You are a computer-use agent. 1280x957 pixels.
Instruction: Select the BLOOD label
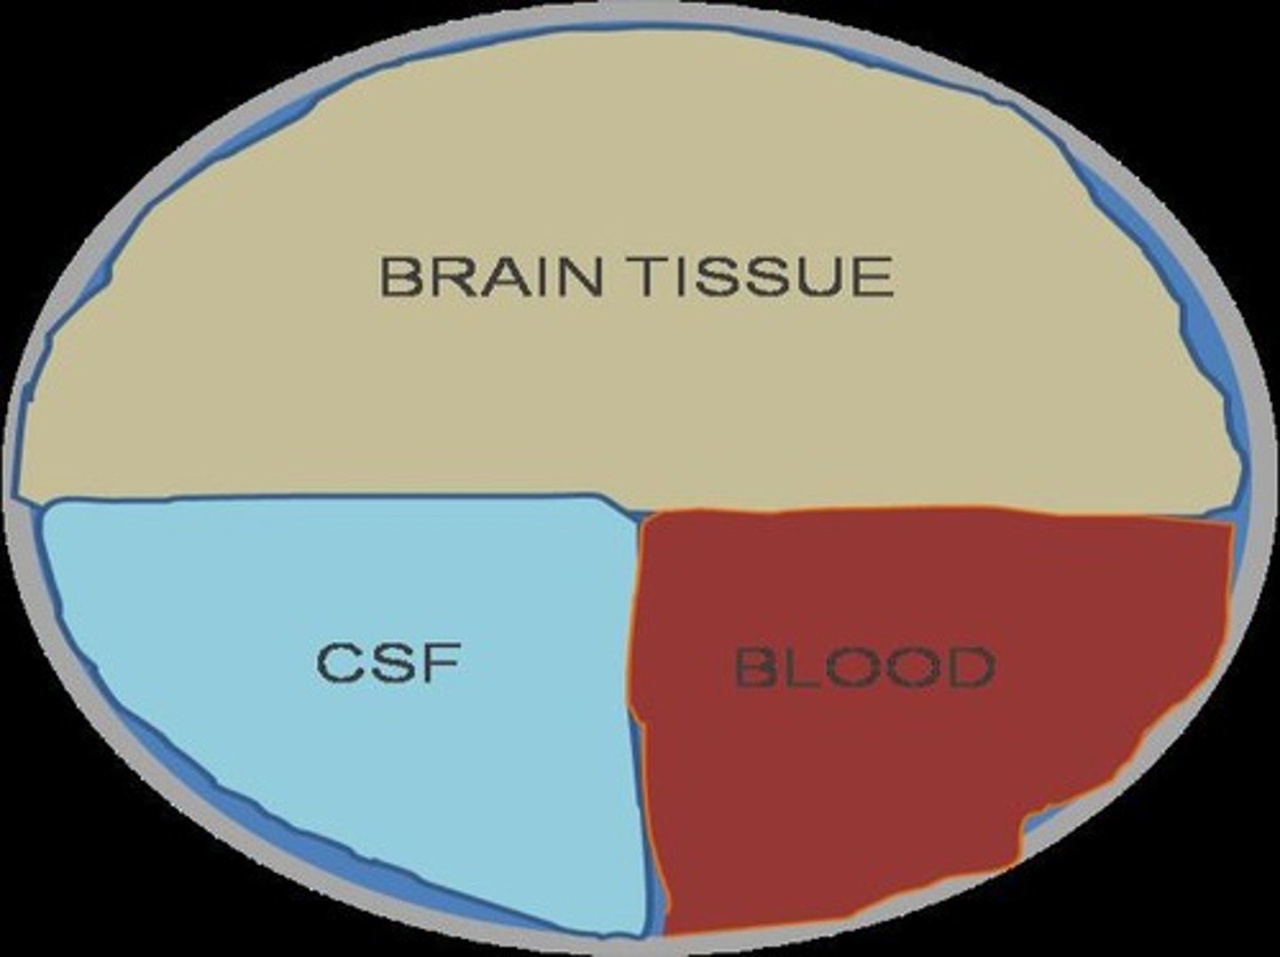tap(864, 668)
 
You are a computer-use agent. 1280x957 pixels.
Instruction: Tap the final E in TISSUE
tap(872, 276)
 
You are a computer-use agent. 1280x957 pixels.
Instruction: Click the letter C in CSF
tap(339, 663)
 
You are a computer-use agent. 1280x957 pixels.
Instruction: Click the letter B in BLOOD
tap(755, 668)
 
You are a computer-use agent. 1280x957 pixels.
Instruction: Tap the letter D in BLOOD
tap(970, 668)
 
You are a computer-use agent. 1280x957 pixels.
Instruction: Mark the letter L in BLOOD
tap(799, 668)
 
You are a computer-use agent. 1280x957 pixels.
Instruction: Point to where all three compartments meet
tap(637, 514)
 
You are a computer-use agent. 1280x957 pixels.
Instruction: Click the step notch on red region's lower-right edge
tap(1022, 835)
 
